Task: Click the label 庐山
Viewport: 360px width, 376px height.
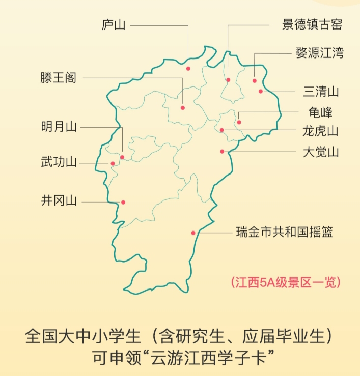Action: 114,25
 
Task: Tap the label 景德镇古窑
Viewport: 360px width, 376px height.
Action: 312,25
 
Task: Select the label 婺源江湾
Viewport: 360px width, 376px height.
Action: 319,53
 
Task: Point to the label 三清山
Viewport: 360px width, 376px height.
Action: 321,92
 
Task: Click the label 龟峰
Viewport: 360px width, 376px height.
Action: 320,112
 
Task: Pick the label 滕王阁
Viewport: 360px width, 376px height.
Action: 59,78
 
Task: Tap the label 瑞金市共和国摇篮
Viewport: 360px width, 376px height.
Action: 284,233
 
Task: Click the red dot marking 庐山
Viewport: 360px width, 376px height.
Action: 188,68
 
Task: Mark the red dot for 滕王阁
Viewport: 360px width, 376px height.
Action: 183,108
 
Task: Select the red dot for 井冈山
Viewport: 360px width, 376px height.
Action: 123,202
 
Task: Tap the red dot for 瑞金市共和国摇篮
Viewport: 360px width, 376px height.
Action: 193,233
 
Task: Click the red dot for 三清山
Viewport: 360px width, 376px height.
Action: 261,92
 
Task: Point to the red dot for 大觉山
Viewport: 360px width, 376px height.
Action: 223,151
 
